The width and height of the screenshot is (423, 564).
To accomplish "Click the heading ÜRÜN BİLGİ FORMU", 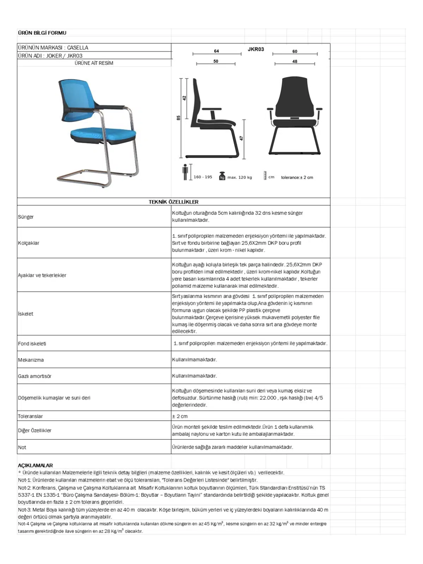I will coord(42,33).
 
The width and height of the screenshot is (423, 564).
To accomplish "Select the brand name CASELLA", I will coord(78,48).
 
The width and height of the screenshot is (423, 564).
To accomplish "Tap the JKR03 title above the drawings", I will coord(256,49).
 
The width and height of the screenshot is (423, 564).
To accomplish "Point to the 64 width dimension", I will coord(216,51).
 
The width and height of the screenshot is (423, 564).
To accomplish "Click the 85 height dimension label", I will coord(178,117).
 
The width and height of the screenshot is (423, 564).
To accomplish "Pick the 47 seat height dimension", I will coord(241,138).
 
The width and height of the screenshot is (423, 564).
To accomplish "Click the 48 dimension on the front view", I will coord(295,61).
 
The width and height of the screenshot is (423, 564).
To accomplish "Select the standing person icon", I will coord(185,172).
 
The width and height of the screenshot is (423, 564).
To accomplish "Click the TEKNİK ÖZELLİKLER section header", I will coord(173,202).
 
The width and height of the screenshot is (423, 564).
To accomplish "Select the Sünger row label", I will coord(26,217).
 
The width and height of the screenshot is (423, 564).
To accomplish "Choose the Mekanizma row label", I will coord(31,360).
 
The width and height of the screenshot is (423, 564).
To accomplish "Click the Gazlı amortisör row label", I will coord(35,376).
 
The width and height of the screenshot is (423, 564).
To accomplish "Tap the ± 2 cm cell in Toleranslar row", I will coord(180,416).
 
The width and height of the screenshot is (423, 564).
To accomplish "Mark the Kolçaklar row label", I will coord(29,243).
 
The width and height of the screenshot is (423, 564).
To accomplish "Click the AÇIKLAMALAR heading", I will coord(35,465).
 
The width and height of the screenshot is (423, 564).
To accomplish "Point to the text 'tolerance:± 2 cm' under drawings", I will coord(297,177).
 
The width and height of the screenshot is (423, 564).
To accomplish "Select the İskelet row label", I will coord(26,314).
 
